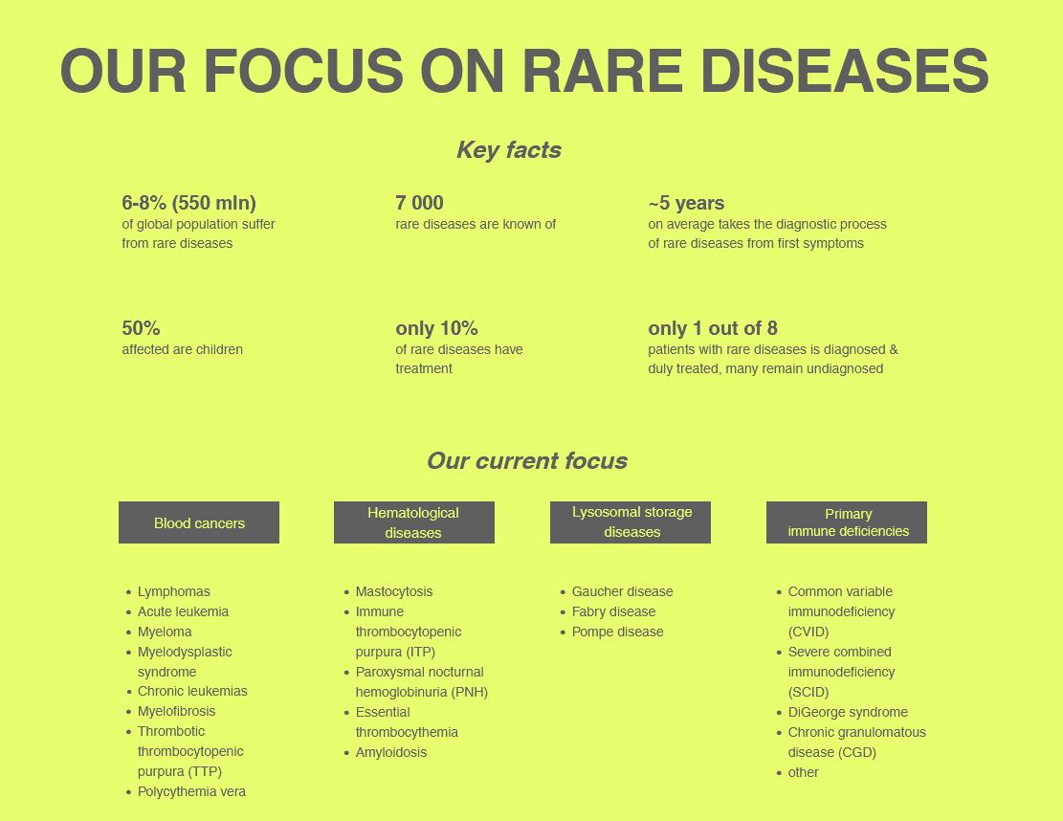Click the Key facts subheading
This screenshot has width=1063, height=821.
point(509,150)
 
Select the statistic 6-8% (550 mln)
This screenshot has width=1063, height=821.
point(189,203)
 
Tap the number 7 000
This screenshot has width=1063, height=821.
point(420,203)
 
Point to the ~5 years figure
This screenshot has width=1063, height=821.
point(686,204)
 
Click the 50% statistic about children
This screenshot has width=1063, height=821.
point(141,328)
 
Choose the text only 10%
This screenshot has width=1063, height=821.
point(436,328)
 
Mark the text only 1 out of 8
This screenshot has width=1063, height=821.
point(713,328)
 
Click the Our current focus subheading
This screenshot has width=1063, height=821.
point(527,461)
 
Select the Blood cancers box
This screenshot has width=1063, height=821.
point(199,522)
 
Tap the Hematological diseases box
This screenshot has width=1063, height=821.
point(414,522)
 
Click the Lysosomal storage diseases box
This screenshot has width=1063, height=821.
point(631,522)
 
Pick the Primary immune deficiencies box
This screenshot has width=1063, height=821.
point(847,522)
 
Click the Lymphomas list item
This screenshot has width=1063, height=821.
point(173,592)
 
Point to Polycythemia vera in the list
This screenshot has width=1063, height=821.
point(191,792)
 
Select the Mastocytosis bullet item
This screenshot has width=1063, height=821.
point(394,592)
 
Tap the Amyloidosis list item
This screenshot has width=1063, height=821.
point(391,752)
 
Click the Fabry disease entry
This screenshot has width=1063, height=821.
point(613,611)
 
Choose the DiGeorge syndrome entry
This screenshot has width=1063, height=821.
point(848,712)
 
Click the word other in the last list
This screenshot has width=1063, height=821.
point(803,772)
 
